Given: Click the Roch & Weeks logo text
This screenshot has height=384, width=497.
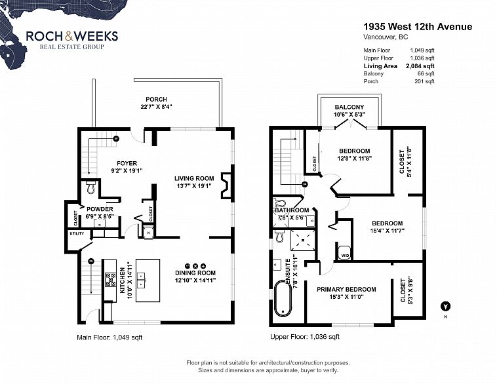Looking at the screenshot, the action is click(x=72, y=36).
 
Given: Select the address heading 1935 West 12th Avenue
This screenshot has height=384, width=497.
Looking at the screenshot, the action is click(x=418, y=27).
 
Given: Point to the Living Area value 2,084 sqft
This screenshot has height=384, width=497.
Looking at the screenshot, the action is click(x=420, y=66).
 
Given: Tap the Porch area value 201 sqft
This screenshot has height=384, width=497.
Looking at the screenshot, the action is click(x=424, y=81).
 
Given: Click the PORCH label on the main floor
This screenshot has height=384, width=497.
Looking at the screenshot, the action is click(x=156, y=99).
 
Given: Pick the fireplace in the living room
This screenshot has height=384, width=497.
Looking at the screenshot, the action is click(x=227, y=185).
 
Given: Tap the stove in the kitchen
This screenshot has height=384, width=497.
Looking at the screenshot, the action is click(x=111, y=280).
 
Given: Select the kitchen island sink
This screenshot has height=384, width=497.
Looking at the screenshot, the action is click(x=142, y=280).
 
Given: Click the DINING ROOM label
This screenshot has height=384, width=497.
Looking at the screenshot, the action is click(x=195, y=273).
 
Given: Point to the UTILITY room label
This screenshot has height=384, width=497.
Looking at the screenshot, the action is click(x=77, y=233).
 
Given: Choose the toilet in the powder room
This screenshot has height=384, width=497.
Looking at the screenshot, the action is click(x=91, y=187).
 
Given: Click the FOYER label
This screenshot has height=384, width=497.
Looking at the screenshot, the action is click(x=127, y=163).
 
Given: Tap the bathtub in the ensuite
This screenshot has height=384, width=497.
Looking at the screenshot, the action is click(x=283, y=298).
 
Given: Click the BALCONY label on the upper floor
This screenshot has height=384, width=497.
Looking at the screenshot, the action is click(x=349, y=107).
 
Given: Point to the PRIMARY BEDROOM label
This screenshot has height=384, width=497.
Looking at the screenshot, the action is click(x=346, y=289).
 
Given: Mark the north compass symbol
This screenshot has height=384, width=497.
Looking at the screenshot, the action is click(x=446, y=307).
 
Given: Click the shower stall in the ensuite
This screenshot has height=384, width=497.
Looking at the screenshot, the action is click(x=303, y=240).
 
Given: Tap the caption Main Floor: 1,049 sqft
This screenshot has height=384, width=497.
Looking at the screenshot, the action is click(x=109, y=337).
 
